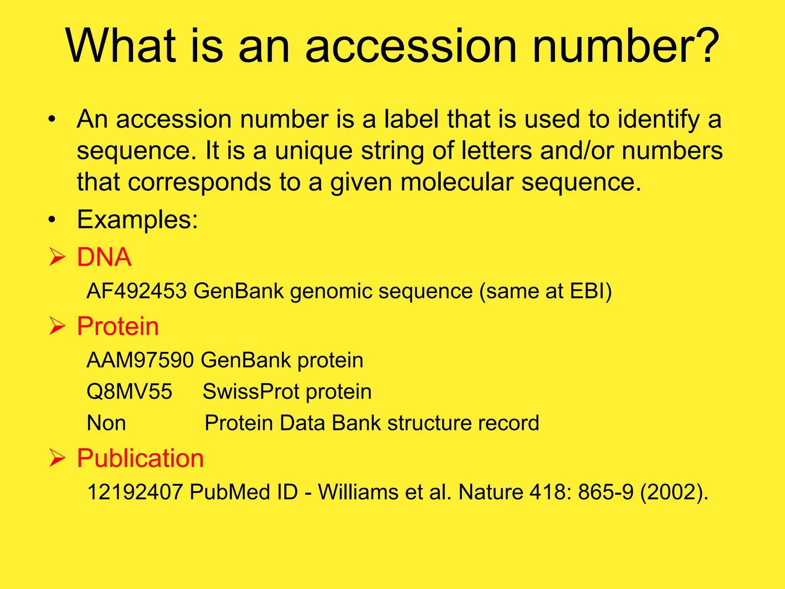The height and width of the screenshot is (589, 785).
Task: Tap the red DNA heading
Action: (104, 257)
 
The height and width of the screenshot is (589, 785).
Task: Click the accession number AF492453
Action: (137, 291)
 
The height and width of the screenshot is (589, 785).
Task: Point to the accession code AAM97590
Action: (140, 360)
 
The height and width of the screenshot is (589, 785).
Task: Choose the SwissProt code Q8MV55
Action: (130, 392)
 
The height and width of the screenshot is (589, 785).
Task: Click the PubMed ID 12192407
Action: (135, 492)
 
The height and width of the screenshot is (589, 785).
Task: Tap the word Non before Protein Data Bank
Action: (106, 423)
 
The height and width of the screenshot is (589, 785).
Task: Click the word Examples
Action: (138, 220)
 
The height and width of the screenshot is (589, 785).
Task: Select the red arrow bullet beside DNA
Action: (57, 257)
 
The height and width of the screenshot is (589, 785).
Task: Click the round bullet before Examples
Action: (52, 220)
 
